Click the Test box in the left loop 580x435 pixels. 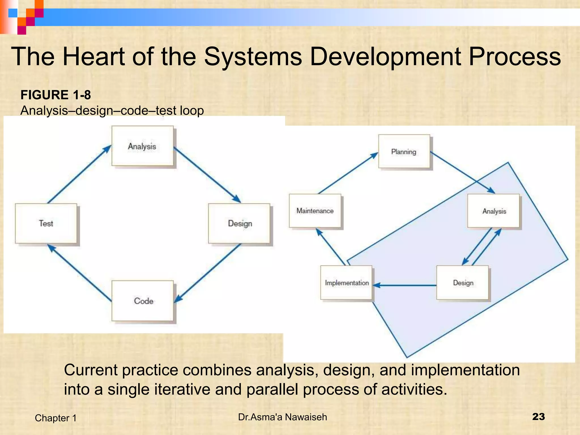[x=46, y=223]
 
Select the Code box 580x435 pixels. [x=142, y=301]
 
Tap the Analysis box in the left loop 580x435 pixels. [x=142, y=146]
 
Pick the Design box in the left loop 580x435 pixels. [x=239, y=223]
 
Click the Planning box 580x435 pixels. [x=404, y=152]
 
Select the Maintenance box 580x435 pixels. [x=315, y=211]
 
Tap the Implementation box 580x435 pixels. [x=346, y=283]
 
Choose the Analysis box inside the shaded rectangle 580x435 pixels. [x=494, y=211]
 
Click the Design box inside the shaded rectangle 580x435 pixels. [x=463, y=283]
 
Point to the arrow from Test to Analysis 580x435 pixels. [x=79, y=174]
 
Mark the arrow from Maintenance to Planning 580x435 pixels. [x=348, y=174]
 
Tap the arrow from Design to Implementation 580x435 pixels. [x=405, y=285]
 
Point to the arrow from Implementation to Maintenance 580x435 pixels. [x=331, y=247]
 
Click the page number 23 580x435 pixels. [x=538, y=417]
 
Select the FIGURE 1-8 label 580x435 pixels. [x=56, y=95]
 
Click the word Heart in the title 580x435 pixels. [x=93, y=56]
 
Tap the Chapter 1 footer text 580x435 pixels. [x=56, y=418]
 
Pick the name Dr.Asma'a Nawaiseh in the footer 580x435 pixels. [x=282, y=417]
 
